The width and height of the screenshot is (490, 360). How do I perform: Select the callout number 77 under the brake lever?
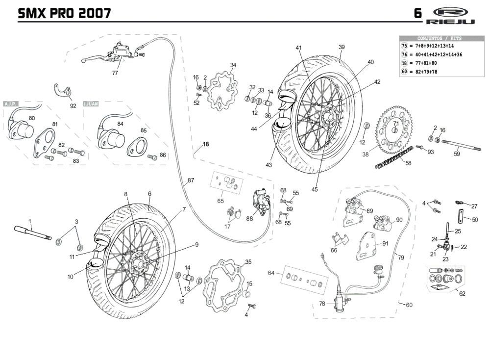115,73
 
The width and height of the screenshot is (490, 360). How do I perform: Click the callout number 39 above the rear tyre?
342,47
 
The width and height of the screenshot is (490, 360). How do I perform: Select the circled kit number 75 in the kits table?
404,46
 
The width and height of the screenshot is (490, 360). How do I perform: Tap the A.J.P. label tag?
11,104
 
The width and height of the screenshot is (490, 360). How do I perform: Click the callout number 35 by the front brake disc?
248,262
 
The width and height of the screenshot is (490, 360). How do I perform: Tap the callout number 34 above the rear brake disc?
233,65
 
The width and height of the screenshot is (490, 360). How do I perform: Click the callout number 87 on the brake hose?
191,180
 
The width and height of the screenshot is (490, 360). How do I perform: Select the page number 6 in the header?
417,13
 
